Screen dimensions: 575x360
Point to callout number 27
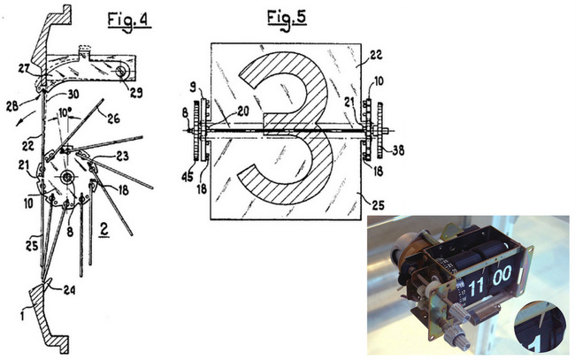[x=25, y=69]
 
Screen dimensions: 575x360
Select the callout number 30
[x=73, y=95]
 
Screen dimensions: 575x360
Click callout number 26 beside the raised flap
[x=113, y=118]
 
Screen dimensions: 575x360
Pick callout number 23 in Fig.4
[x=122, y=157]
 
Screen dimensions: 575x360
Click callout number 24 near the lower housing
[x=69, y=290]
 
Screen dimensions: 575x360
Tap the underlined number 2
[x=104, y=230]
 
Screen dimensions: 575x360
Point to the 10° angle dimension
[x=63, y=112]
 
